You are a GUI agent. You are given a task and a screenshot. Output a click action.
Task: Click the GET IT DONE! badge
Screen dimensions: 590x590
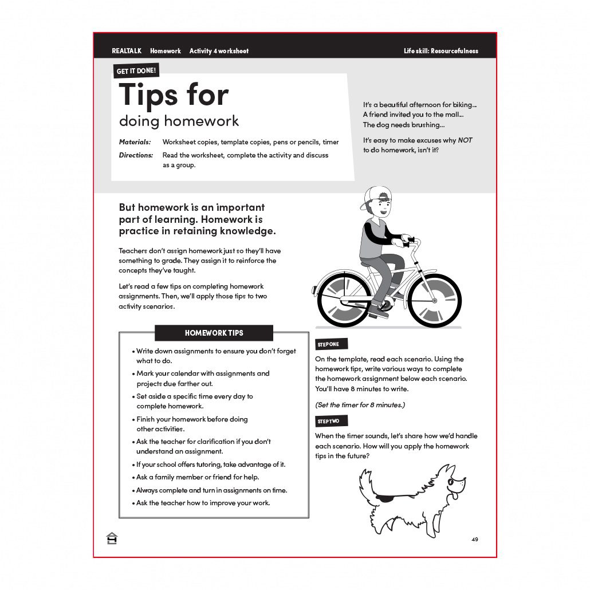[x=136, y=71]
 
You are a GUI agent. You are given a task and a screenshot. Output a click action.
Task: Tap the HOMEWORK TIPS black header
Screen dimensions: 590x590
[x=214, y=333]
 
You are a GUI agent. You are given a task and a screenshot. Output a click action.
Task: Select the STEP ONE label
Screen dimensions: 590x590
[x=328, y=344]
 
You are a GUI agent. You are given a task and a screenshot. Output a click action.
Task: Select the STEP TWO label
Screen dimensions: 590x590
[x=328, y=422]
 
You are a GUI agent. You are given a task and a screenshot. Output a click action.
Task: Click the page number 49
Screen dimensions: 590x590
[x=475, y=540]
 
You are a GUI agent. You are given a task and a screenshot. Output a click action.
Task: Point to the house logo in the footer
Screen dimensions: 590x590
[x=112, y=538]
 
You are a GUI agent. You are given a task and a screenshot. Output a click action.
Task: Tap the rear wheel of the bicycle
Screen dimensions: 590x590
[x=344, y=300]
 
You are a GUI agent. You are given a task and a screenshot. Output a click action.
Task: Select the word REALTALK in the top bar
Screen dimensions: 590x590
[x=127, y=51]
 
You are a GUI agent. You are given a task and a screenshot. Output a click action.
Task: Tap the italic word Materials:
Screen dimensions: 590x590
[x=135, y=142]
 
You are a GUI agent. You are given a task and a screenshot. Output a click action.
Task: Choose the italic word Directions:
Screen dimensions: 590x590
[x=136, y=155]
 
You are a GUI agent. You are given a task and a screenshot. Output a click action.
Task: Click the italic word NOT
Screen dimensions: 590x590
[x=465, y=140]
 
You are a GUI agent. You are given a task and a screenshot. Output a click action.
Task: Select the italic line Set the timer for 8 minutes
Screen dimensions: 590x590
[x=360, y=405]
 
